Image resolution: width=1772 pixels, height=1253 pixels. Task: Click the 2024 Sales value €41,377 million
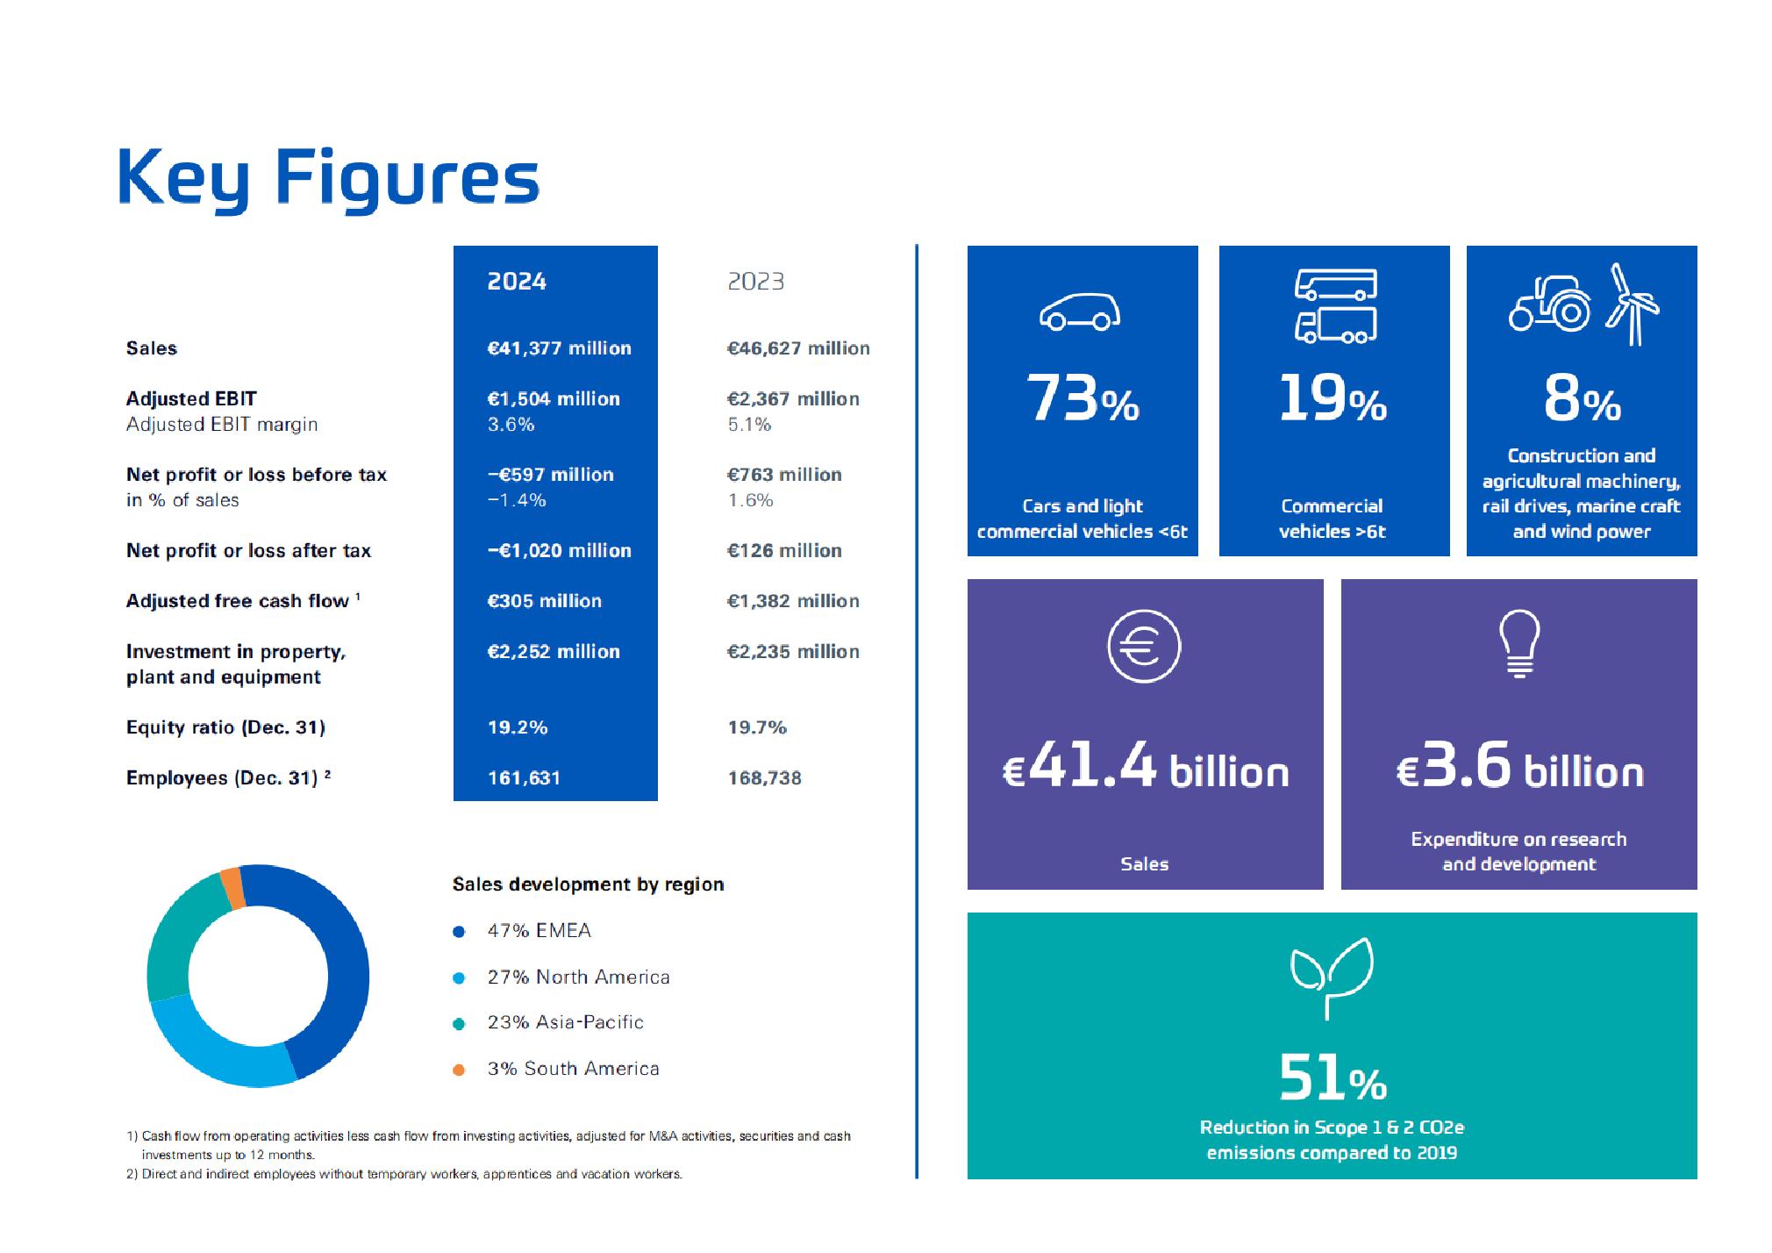(x=559, y=348)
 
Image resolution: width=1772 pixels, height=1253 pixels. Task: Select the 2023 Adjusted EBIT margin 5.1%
(x=749, y=425)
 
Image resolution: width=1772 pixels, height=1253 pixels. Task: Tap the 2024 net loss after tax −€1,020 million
(x=559, y=551)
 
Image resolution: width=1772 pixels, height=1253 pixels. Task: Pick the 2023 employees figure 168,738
(x=764, y=778)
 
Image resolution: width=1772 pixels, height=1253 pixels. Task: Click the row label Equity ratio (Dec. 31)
(x=225, y=727)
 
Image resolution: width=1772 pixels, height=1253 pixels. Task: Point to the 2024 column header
(x=517, y=282)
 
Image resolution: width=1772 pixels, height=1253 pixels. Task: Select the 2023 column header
(x=755, y=282)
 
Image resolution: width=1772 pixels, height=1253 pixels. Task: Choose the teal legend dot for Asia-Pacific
(x=459, y=1024)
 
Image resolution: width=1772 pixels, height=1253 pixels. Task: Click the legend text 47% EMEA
(x=539, y=931)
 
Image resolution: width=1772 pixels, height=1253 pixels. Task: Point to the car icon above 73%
(x=1080, y=311)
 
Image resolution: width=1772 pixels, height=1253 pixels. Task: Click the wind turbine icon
(x=1632, y=304)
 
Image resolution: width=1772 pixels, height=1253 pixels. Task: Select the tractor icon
(x=1550, y=304)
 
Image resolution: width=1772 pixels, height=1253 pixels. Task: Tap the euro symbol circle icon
(x=1144, y=647)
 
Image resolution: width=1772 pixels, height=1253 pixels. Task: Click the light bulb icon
(x=1519, y=643)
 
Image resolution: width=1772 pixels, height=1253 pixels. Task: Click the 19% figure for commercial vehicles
(x=1332, y=398)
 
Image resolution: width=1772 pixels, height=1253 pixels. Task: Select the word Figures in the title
(x=407, y=178)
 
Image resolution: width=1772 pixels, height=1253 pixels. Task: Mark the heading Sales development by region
(x=588, y=884)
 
